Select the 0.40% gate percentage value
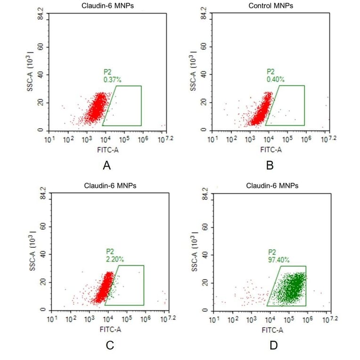point(275,80)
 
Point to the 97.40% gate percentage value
point(278,260)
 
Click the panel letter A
point(106,165)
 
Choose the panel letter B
point(270,165)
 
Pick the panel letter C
point(109,345)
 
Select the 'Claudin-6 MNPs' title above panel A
point(106,6)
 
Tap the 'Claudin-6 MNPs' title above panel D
point(272,186)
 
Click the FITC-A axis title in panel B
point(271,150)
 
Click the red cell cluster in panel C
point(102,288)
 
